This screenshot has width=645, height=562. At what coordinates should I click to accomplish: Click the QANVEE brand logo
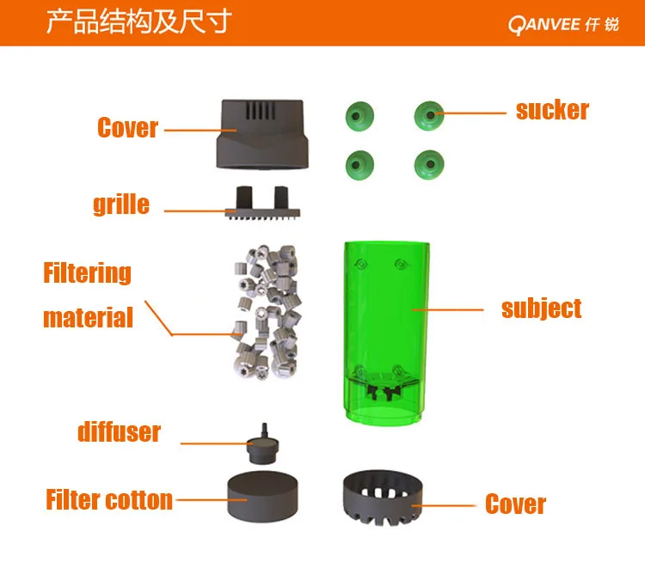tap(563, 25)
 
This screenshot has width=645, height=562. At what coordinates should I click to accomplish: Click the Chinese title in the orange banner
tap(138, 21)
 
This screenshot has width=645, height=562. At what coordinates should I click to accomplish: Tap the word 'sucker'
tap(552, 110)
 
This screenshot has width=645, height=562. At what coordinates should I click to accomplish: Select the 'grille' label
tap(121, 205)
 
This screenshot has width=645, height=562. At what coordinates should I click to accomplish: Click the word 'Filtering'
tap(87, 272)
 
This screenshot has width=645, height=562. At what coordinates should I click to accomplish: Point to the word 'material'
tap(88, 317)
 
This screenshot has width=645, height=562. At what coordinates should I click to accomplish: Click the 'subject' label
tap(541, 308)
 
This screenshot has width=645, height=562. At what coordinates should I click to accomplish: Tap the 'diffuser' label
tap(119, 431)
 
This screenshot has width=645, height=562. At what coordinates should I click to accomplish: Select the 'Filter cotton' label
tap(109, 500)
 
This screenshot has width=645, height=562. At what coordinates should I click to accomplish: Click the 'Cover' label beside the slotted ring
tap(515, 504)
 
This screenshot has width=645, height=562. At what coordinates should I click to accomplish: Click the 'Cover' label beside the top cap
tap(127, 127)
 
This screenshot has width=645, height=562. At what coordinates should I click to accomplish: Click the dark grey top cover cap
tap(262, 134)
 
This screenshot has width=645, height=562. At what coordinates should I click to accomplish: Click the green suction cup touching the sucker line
tap(429, 115)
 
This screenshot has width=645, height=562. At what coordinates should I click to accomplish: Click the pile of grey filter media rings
tap(267, 312)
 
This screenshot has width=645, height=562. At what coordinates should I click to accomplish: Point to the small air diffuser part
tap(263, 444)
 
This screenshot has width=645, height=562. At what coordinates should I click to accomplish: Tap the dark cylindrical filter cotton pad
tap(262, 497)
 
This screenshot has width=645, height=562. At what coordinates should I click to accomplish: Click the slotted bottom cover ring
tap(383, 498)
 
